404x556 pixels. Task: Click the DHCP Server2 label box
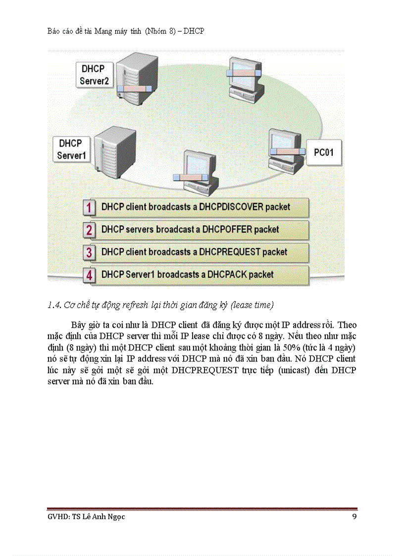[94, 74]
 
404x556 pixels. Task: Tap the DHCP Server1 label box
[71, 149]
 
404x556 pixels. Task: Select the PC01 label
[324, 152]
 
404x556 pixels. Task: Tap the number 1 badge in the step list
[89, 207]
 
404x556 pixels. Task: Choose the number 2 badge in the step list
[89, 230]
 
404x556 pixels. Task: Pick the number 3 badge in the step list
[89, 253]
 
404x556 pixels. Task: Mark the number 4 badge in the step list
[89, 275]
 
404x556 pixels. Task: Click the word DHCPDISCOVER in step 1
[231, 206]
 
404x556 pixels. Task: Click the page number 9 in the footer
[354, 516]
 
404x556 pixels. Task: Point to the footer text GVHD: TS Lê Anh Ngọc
[83, 517]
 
